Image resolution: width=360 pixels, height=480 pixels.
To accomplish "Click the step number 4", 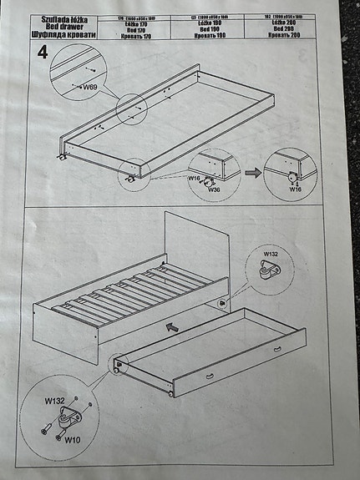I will [x=42, y=53].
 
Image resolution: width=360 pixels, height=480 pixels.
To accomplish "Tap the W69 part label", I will [x=89, y=86].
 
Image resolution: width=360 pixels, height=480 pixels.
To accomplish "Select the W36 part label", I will [x=214, y=189].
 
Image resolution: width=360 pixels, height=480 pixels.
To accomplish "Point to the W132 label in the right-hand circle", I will [x=271, y=254].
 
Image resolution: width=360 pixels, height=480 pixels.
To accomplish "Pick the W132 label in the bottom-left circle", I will [x=54, y=400].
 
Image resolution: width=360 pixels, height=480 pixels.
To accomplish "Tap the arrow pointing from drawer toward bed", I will [x=173, y=328].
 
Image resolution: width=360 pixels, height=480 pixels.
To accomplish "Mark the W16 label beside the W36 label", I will [x=193, y=178].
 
